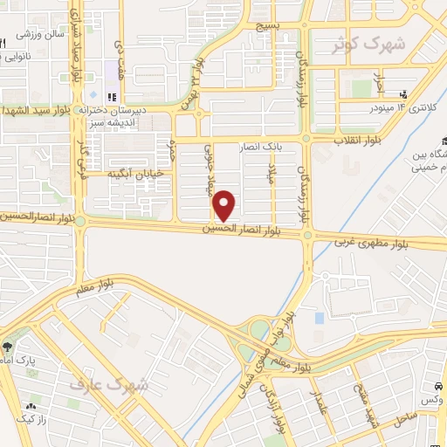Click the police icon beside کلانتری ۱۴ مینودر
[x=403, y=93]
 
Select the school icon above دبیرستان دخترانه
[x=111, y=97]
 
